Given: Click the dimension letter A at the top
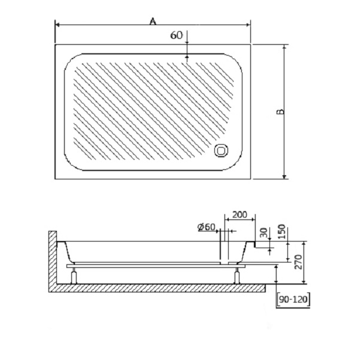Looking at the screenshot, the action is coord(153,22).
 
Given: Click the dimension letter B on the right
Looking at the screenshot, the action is coord(281,112).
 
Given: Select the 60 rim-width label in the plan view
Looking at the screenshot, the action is coord(177,35).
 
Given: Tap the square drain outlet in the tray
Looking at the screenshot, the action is coord(222,151).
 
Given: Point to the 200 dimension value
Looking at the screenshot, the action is coord(239,215).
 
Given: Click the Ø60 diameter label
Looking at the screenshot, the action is coord(207,227).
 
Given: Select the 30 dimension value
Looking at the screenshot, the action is coord(265,233).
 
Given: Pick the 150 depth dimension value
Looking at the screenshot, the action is coord(282,231).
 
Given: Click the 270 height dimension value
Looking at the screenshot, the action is coord(298,262).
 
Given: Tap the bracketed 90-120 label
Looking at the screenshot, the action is coord(293,299).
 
